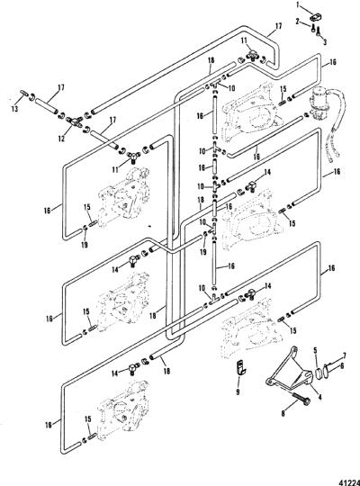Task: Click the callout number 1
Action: tap(298, 4)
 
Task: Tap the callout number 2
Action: tap(298, 22)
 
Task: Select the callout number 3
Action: tap(325, 41)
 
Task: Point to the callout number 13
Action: tap(14, 109)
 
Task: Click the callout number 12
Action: tap(61, 138)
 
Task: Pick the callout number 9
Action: tap(238, 392)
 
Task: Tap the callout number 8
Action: tap(283, 413)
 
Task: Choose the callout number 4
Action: tap(319, 397)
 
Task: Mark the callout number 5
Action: tap(315, 351)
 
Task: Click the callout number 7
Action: tap(344, 355)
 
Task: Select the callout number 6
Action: tap(342, 365)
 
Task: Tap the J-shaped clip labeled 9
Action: tap(239, 367)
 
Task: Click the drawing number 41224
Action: tap(351, 480)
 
